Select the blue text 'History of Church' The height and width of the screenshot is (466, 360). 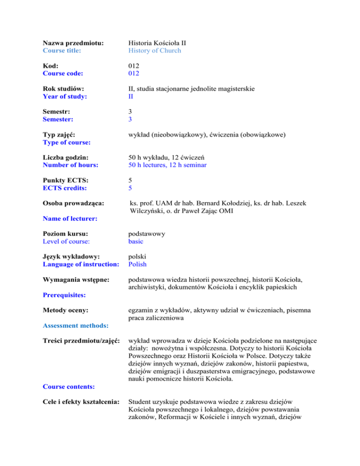[x=155, y=51]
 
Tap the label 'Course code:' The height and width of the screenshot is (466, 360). [x=63, y=73]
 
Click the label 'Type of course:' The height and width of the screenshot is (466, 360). [x=67, y=142]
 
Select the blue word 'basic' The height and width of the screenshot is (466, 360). [x=136, y=241]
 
